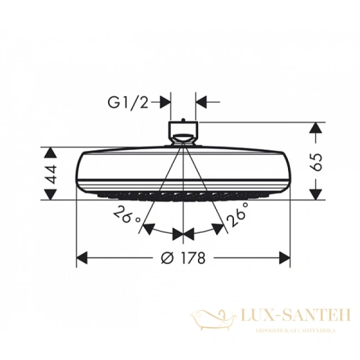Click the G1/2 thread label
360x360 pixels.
tap(128, 103)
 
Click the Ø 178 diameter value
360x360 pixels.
tap(184, 258)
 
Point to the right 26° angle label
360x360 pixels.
tap(237, 214)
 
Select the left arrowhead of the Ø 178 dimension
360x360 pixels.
tap(83, 258)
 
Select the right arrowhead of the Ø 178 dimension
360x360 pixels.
tap(284, 258)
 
